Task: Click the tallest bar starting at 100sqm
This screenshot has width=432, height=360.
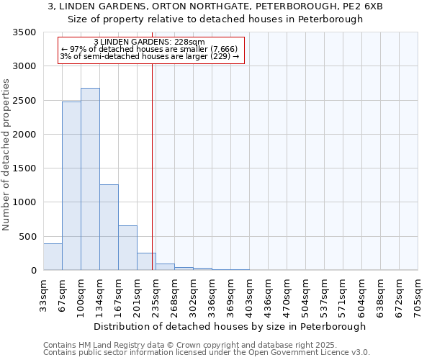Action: (x=90, y=179)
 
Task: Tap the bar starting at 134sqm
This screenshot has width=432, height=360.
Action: (x=109, y=228)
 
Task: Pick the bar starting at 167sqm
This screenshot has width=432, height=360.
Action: (x=127, y=248)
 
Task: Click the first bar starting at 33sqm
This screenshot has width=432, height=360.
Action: (x=53, y=257)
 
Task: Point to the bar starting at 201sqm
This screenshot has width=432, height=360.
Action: (x=146, y=262)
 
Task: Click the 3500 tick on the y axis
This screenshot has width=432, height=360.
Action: (x=26, y=32)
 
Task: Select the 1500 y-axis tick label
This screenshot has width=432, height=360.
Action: (x=26, y=168)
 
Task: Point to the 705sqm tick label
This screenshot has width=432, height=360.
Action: (x=418, y=296)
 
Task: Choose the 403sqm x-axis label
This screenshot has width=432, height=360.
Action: (x=250, y=296)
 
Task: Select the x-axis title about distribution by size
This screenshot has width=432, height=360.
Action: (x=230, y=326)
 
